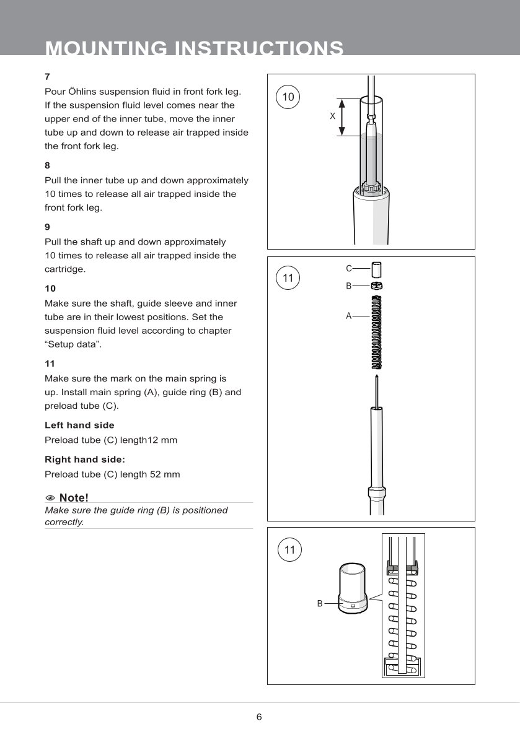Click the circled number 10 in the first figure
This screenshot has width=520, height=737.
pyautogui.click(x=288, y=97)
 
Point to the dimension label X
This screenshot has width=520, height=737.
pyautogui.click(x=332, y=116)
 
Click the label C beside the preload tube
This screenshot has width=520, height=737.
pyautogui.click(x=349, y=268)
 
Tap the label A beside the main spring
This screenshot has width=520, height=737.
pyautogui.click(x=349, y=316)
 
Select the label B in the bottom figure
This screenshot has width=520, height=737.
pyautogui.click(x=320, y=603)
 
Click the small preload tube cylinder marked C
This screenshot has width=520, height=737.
pyautogui.click(x=376, y=271)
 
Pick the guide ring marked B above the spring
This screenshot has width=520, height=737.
pyautogui.click(x=376, y=286)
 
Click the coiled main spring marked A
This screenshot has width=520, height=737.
pyautogui.click(x=376, y=331)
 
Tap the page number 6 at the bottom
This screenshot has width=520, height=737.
pyautogui.click(x=259, y=717)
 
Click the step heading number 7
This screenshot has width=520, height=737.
pyautogui.click(x=47, y=77)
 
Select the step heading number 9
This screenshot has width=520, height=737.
pyautogui.click(x=47, y=227)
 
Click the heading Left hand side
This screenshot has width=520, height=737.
pyautogui.click(x=79, y=425)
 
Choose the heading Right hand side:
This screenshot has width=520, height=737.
pyautogui.click(x=85, y=460)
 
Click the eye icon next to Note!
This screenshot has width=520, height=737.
pyautogui.click(x=50, y=498)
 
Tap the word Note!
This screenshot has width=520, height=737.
pyautogui.click(x=74, y=498)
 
